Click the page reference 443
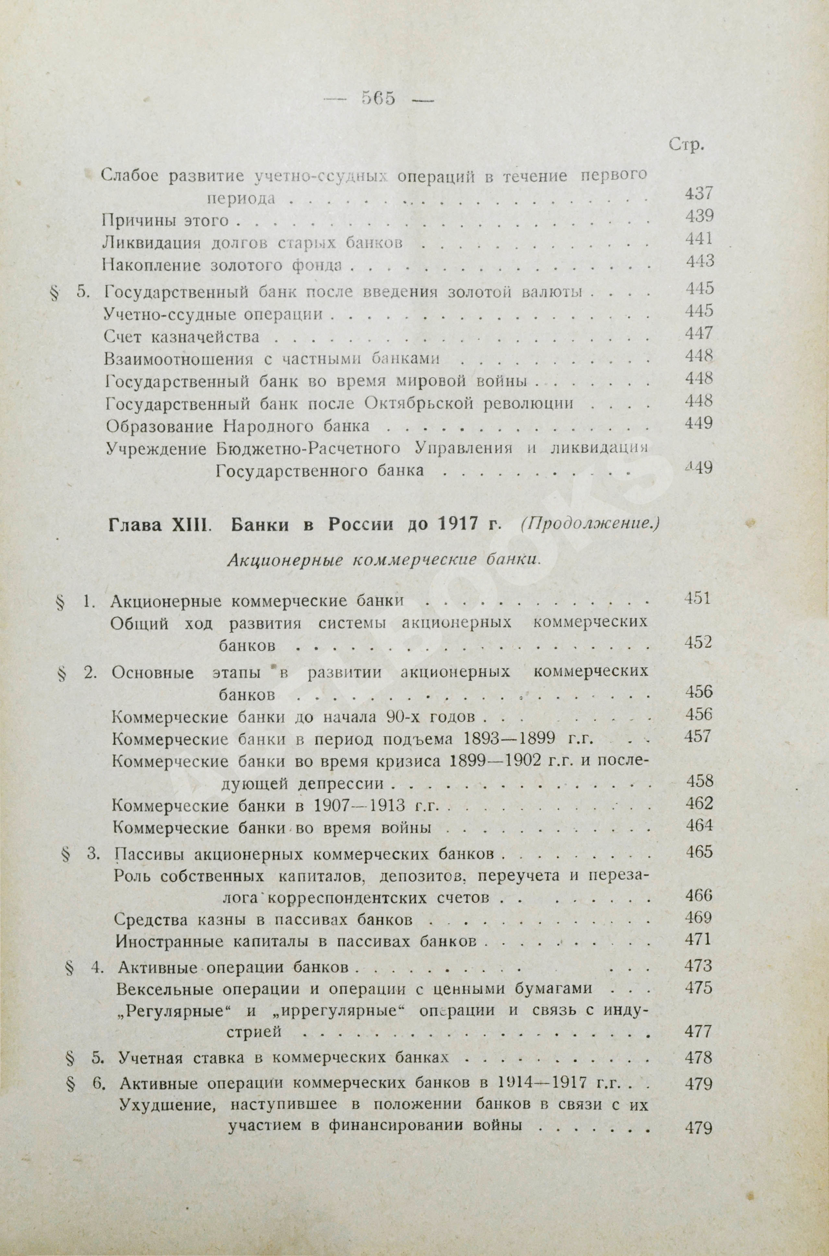700,261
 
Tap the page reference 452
698,643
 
